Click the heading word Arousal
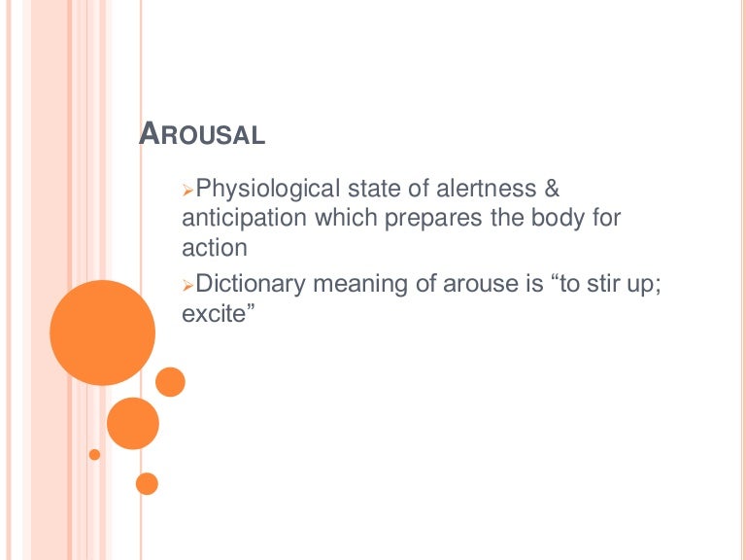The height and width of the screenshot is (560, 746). pyautogui.click(x=202, y=134)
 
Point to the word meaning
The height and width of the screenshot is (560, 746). pyautogui.click(x=354, y=285)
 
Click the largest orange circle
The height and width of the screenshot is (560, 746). pyautogui.click(x=102, y=332)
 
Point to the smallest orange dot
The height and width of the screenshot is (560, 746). pyautogui.click(x=94, y=454)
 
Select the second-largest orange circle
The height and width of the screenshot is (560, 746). pyautogui.click(x=132, y=423)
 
